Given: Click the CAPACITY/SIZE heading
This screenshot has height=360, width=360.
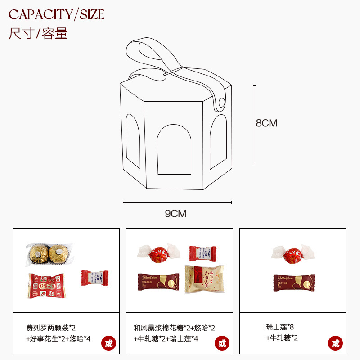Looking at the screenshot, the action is (x=57, y=14).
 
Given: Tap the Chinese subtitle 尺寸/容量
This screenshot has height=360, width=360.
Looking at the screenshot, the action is (x=38, y=33).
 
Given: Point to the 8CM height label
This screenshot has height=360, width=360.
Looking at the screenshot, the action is (x=266, y=123).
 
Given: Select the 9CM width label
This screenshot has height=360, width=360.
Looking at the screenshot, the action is (x=175, y=213).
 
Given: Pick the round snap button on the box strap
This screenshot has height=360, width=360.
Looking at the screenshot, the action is (x=220, y=103).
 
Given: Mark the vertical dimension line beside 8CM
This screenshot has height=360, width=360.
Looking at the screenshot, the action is (x=254, y=125).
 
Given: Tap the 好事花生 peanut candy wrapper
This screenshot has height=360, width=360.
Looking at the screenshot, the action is (x=46, y=285).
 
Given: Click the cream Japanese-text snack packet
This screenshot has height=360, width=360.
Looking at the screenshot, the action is (x=204, y=279).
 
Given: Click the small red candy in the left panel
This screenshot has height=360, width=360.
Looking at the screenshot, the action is (x=95, y=278).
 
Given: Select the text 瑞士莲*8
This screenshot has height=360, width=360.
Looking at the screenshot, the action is (x=280, y=327).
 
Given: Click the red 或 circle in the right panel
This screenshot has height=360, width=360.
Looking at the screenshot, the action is (x=335, y=343).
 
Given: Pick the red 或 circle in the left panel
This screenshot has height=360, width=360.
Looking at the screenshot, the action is (x=108, y=343).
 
